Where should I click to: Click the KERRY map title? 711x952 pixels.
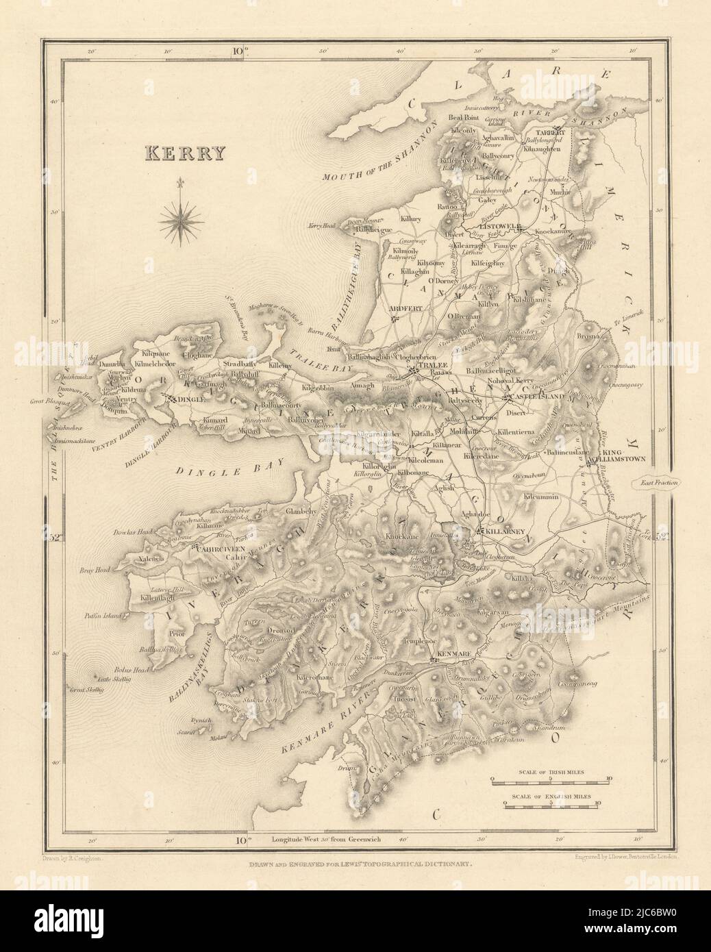point(184,153)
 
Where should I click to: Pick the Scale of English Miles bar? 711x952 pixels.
point(552,805)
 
